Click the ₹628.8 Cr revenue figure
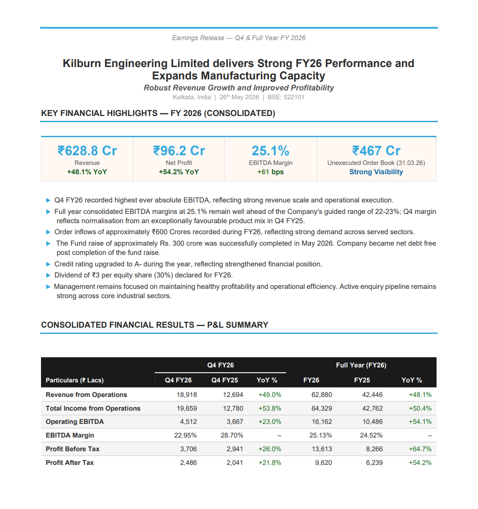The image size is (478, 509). coord(87,151)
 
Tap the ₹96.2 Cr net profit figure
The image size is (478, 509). coord(179,151)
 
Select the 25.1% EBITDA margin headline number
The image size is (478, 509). coord(270,151)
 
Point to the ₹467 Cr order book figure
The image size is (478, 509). coord(376,151)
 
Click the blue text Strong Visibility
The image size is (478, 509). coord(376,172)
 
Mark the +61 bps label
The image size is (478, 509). coord(270,172)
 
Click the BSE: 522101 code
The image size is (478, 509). coord(286,97)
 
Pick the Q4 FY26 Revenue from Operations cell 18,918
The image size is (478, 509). coord(187,395)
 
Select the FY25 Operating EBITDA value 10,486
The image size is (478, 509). coord(372,422)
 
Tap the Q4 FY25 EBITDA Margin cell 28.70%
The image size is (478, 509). coord(232,435)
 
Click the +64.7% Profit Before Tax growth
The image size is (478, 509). coord(420,449)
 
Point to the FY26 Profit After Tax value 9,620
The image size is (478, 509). coord(324,463)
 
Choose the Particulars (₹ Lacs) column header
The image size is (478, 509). coord(75,380)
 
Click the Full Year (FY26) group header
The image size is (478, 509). coord(361,365)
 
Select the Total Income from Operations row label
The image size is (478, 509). coord(93,408)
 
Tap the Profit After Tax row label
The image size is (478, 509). coord(70,463)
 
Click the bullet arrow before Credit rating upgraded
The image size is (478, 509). coord(49,264)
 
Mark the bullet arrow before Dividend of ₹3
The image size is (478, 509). coord(49,275)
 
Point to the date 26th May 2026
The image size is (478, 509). coord(239,97)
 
